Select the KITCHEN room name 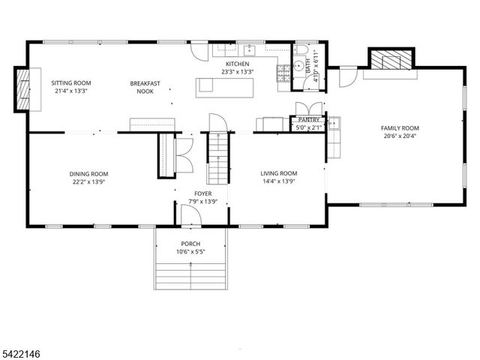point(237,64)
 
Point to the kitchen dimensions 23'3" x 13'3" point(237,73)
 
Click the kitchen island point(224,87)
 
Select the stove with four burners point(284,73)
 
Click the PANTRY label point(308,120)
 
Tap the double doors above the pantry point(308,107)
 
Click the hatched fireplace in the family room point(389,58)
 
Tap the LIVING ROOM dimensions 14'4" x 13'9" point(278,181)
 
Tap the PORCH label point(190,244)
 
